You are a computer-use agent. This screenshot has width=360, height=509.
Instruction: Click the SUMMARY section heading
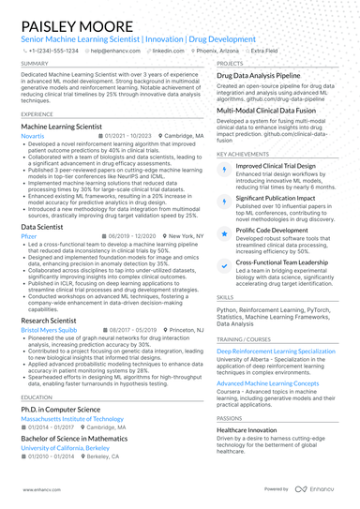(34, 65)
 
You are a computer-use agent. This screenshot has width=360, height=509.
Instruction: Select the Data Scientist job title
(42, 227)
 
